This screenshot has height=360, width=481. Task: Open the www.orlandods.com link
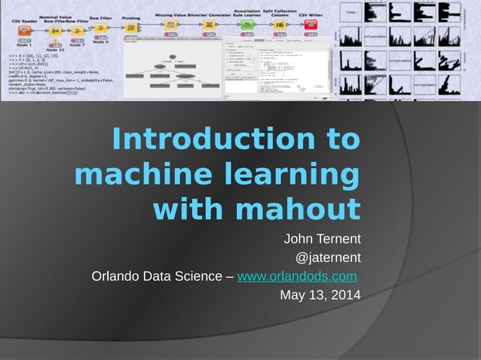coord(296,276)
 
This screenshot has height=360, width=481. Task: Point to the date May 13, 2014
coord(320,294)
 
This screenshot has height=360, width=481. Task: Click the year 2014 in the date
coord(345,294)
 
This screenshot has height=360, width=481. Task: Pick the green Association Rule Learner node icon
coord(247,24)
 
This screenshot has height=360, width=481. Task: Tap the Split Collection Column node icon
coord(280,24)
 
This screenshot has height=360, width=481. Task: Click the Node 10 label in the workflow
coord(55,50)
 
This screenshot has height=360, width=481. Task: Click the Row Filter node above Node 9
coord(100,26)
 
